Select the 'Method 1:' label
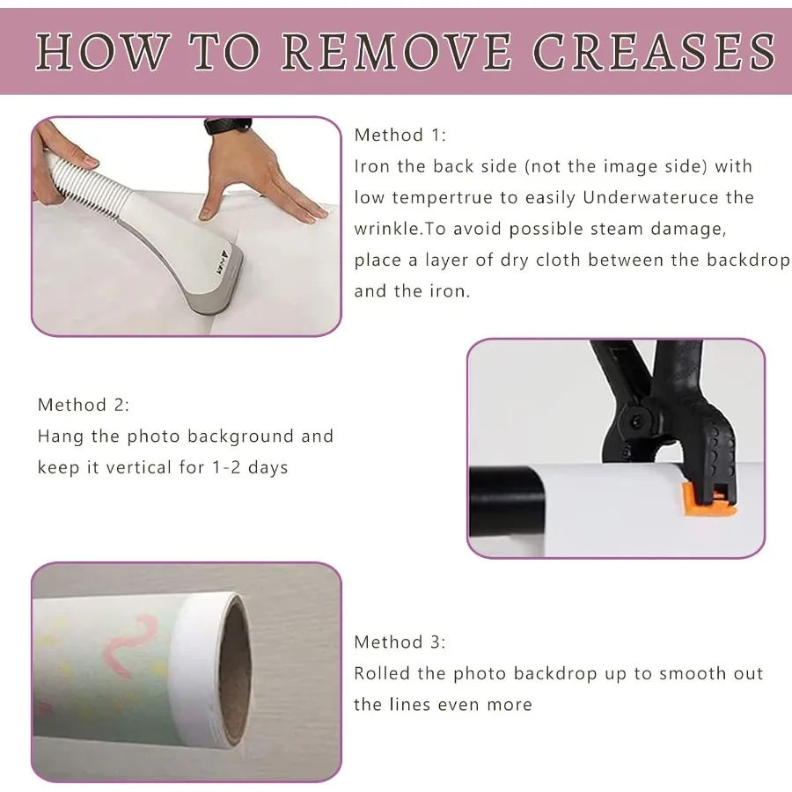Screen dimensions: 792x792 (x=400, y=135)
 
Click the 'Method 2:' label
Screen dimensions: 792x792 (x=84, y=405)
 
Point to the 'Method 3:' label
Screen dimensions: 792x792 (x=400, y=642)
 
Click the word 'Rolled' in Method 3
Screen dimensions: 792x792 (x=381, y=674)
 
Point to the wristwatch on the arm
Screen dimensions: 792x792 (x=218, y=126)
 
